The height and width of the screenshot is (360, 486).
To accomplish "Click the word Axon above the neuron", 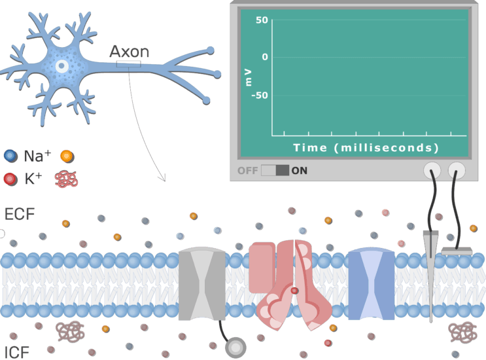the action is [x=130, y=52].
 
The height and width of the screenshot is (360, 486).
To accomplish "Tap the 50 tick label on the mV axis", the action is [x=262, y=20].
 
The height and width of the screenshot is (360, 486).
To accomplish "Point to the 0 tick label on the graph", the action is [x=265, y=57].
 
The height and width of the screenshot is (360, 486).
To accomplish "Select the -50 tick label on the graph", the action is [x=260, y=95].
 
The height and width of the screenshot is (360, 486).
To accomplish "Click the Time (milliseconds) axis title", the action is [x=366, y=147].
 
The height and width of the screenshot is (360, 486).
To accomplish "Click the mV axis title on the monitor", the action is [x=248, y=77].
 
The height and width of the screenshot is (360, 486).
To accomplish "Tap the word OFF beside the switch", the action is [x=248, y=171].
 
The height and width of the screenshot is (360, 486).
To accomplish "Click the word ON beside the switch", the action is [x=299, y=171].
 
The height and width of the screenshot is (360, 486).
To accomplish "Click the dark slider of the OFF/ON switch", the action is [x=282, y=171].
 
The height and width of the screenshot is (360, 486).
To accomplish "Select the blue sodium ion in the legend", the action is [x=11, y=156].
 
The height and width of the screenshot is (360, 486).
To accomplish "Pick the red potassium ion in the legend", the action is [x=10, y=179].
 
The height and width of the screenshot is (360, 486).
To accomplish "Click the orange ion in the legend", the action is [x=67, y=156].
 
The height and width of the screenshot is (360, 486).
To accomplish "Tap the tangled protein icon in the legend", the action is [x=66, y=179].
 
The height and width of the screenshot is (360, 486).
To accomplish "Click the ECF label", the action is [x=20, y=214].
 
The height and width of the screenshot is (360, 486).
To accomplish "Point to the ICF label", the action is [x=17, y=353].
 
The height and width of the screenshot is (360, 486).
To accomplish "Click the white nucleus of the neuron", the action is [x=62, y=65].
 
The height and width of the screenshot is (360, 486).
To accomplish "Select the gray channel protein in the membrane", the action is [x=202, y=283].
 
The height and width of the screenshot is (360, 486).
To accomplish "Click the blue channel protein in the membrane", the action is [x=372, y=283].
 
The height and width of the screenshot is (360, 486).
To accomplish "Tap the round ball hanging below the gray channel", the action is [x=235, y=348].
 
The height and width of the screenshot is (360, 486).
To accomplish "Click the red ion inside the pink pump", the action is [x=294, y=291].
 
